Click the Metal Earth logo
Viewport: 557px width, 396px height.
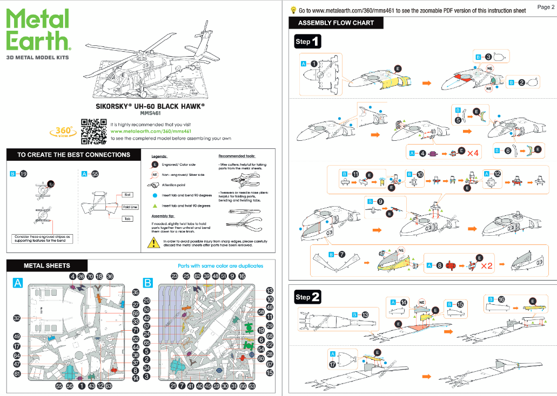pos(37,31)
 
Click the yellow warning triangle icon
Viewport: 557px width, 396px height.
pos(154,243)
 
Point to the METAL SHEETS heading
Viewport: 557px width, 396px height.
pos(46,265)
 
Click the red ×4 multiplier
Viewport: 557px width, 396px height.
pos(473,154)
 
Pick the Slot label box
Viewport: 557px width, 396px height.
pos(128,195)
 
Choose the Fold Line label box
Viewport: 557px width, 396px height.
pos(130,207)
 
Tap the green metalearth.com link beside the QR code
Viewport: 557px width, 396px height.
pos(151,131)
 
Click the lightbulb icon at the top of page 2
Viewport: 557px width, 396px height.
pos(293,10)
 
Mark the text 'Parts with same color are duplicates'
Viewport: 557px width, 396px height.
pos(220,266)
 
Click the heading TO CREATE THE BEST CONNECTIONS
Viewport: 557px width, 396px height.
pos(73,155)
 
